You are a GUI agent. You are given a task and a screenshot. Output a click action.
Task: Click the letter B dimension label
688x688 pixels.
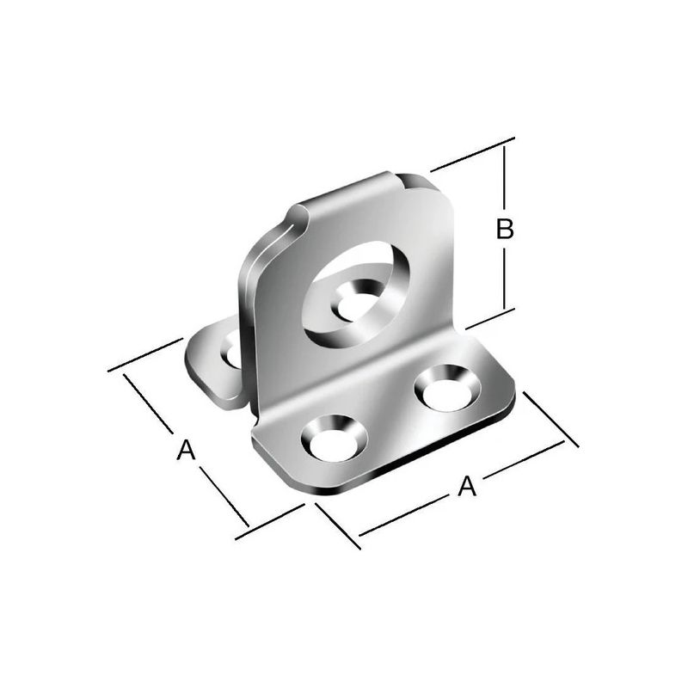(505, 229)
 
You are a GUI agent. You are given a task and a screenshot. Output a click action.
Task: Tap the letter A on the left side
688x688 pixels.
(185, 449)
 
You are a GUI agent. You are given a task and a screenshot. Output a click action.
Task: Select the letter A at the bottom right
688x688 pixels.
(466, 487)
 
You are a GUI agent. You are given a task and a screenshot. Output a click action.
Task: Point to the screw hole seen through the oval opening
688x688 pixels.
(354, 304)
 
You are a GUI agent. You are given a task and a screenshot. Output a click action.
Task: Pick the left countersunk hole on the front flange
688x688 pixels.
(334, 436)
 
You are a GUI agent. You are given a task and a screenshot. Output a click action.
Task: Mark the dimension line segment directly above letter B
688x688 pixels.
(505, 176)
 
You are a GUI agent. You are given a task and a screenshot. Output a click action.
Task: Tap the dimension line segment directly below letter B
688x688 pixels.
(505, 275)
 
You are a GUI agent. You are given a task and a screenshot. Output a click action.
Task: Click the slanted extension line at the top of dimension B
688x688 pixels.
(472, 154)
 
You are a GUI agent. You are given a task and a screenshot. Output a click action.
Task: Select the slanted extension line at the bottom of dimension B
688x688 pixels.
(490, 319)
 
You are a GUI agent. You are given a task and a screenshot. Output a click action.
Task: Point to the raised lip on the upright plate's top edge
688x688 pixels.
(344, 193)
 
